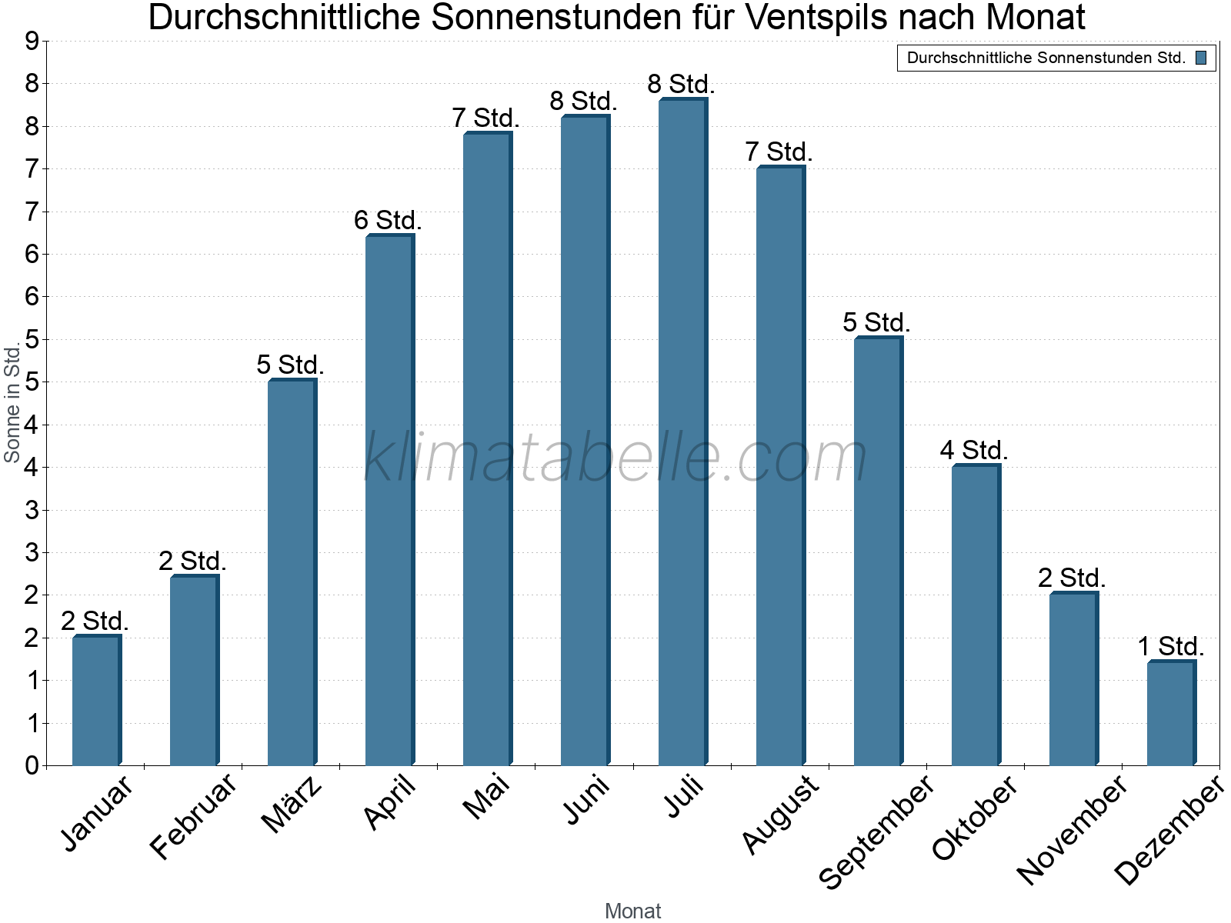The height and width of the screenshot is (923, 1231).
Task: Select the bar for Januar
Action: [96, 701]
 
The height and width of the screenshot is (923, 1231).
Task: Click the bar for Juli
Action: [682, 432]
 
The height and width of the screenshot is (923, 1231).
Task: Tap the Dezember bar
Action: [1171, 713]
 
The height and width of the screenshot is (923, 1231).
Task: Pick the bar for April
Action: [389, 500]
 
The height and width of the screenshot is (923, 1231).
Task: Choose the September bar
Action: [878, 551]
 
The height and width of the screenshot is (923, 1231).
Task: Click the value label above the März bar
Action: [290, 365]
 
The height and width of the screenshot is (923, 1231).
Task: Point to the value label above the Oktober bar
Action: [974, 450]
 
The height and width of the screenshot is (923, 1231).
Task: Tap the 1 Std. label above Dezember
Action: [1171, 647]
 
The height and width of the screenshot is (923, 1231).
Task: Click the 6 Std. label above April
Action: [388, 221]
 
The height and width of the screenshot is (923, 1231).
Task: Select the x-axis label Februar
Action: [194, 817]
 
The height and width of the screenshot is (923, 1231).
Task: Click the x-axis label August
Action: [781, 815]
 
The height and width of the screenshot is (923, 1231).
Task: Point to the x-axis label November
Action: [1073, 829]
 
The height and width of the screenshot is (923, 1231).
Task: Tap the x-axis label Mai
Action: [486, 797]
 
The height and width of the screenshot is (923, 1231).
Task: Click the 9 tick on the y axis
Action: [32, 42]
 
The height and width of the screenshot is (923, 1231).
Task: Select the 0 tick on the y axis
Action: [32, 765]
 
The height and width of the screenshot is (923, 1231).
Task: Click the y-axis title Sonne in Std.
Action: [12, 403]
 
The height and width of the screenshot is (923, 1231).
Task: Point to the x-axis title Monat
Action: [632, 911]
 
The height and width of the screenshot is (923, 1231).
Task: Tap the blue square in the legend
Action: [1201, 58]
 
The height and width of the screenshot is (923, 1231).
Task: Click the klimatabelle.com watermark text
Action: [615, 457]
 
